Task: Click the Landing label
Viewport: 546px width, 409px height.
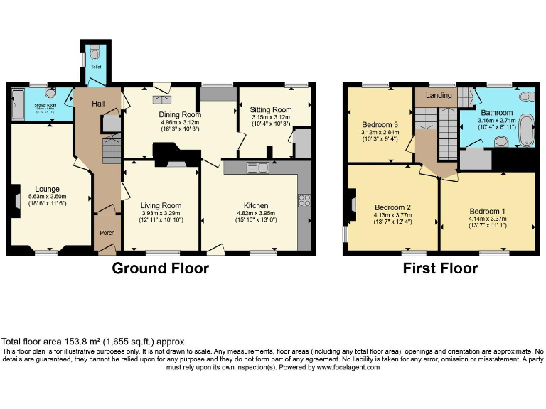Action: coord(439,95)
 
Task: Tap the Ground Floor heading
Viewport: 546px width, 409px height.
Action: coord(160,268)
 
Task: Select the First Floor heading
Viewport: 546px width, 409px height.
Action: coord(440,268)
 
